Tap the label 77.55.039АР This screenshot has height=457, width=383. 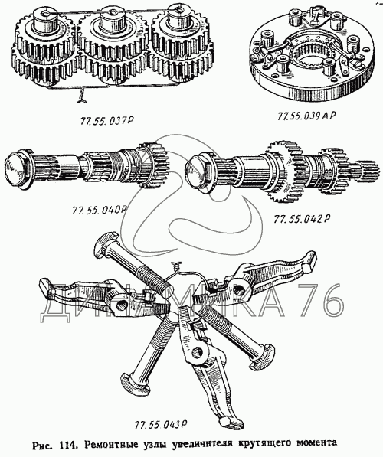point(306,116)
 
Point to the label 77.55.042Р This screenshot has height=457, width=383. point(301,219)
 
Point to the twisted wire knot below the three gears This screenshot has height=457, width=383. point(82,96)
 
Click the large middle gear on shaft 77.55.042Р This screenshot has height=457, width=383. point(284,171)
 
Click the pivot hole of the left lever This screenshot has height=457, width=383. point(121,305)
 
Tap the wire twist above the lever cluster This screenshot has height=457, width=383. point(176,264)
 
